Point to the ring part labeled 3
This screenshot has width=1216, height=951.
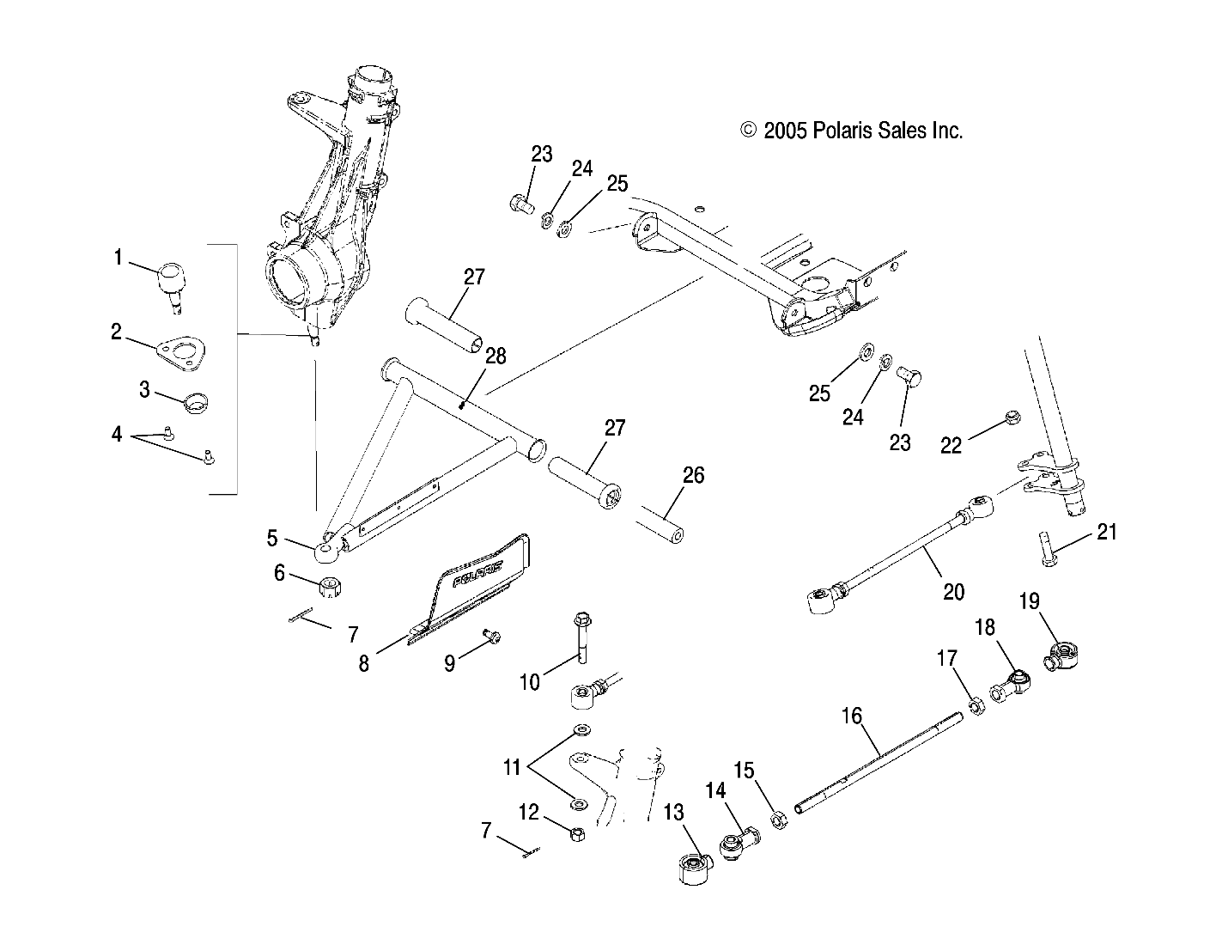click(197, 400)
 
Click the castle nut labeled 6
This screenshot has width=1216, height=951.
click(331, 588)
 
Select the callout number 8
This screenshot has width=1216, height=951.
click(364, 664)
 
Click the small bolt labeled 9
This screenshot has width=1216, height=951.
click(491, 637)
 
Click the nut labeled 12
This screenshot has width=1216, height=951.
click(577, 833)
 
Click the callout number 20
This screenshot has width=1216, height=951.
click(953, 591)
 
